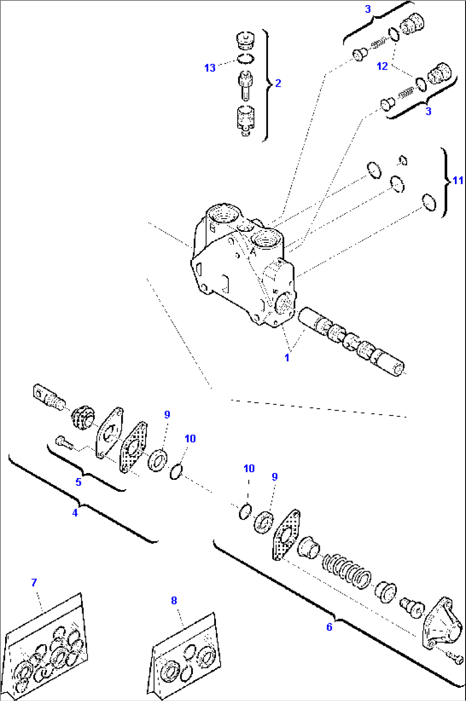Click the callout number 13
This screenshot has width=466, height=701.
[x=209, y=68]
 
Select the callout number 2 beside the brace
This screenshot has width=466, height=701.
[x=278, y=83]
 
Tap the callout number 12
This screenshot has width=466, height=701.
[x=382, y=66]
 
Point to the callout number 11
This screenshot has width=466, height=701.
[x=457, y=181]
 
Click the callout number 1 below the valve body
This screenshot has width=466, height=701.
[x=287, y=358]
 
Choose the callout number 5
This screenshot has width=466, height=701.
[x=78, y=482]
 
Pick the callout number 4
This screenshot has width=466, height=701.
[x=75, y=513]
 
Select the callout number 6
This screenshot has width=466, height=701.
[x=329, y=627]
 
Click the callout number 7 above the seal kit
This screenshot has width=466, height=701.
[x=34, y=582]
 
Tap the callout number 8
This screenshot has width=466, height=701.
[x=174, y=600]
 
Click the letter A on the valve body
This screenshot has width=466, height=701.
[x=253, y=252]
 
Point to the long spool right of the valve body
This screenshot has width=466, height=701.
[x=351, y=342]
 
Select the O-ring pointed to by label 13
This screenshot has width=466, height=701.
[x=245, y=58]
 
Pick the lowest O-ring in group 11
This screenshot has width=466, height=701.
[x=428, y=202]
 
